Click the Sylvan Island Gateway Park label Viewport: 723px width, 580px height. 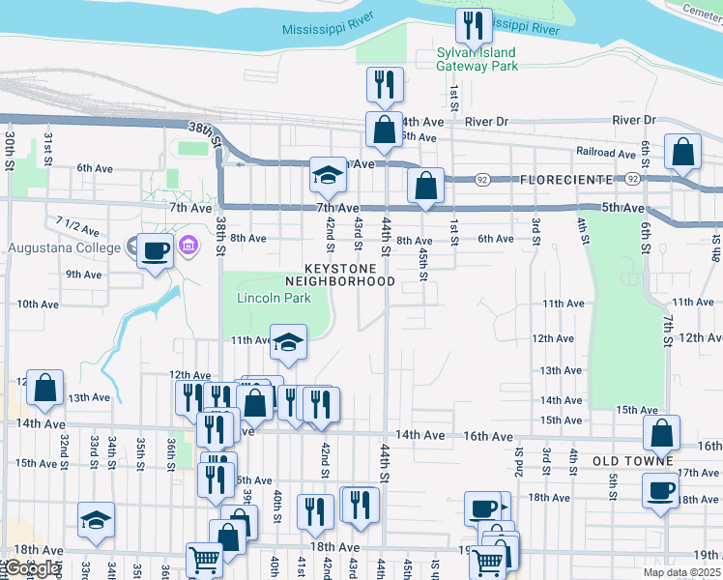477,59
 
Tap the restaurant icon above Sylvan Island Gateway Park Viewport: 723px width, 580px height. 470,25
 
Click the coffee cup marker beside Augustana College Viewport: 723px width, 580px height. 155,251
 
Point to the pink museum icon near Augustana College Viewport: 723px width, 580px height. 188,246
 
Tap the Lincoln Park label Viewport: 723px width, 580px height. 274,298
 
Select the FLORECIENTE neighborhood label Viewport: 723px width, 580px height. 566,180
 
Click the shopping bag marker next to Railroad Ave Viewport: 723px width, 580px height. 682,153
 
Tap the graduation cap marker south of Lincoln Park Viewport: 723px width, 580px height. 288,340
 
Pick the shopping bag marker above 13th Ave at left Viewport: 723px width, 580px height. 44,388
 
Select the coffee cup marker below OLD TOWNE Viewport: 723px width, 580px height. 661,489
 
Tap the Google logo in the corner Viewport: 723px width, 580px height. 32,567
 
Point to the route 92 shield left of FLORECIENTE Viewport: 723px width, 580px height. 480,180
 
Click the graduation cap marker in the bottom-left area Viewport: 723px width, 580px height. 97,520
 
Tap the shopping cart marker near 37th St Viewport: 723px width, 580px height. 204,559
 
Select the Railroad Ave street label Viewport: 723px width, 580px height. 605,153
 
